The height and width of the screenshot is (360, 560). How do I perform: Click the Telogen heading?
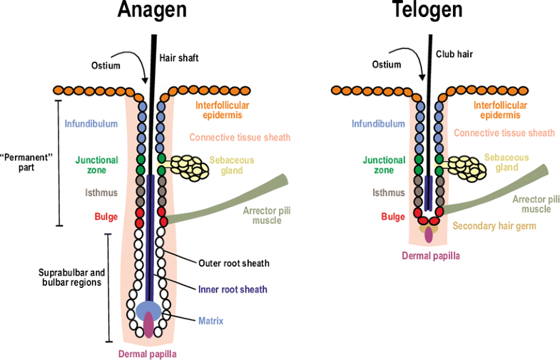[x=427, y=12]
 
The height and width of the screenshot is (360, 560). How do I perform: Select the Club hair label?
[x=454, y=53]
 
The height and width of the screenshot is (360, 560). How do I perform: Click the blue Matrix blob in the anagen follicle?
[x=148, y=311]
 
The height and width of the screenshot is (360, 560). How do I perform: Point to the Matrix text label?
[x=212, y=321]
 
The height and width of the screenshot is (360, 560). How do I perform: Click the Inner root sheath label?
[x=233, y=289]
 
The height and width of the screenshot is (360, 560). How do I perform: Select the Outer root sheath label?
[x=233, y=264]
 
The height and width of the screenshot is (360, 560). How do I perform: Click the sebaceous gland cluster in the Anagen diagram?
[x=190, y=165]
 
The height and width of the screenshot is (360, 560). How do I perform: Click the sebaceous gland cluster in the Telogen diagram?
[x=465, y=165]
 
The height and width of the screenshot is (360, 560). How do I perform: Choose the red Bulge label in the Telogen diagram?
[x=392, y=217]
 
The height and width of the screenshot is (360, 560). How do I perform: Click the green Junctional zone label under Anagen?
[x=96, y=165]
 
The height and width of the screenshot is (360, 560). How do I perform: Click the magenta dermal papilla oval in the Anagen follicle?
[x=148, y=325]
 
